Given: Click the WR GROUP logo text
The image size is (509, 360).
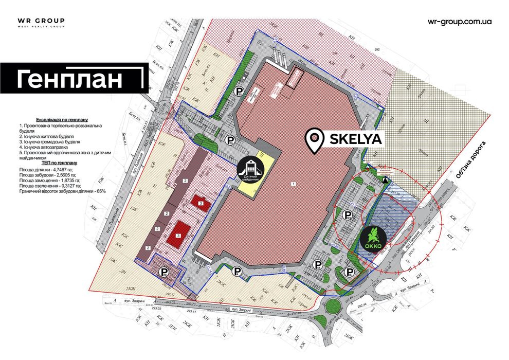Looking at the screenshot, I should [41, 21].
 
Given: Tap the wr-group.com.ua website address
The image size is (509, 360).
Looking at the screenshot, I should [460, 22].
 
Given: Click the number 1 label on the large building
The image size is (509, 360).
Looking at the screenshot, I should [293, 184].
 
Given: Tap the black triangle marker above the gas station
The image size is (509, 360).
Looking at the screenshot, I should [386, 179].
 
